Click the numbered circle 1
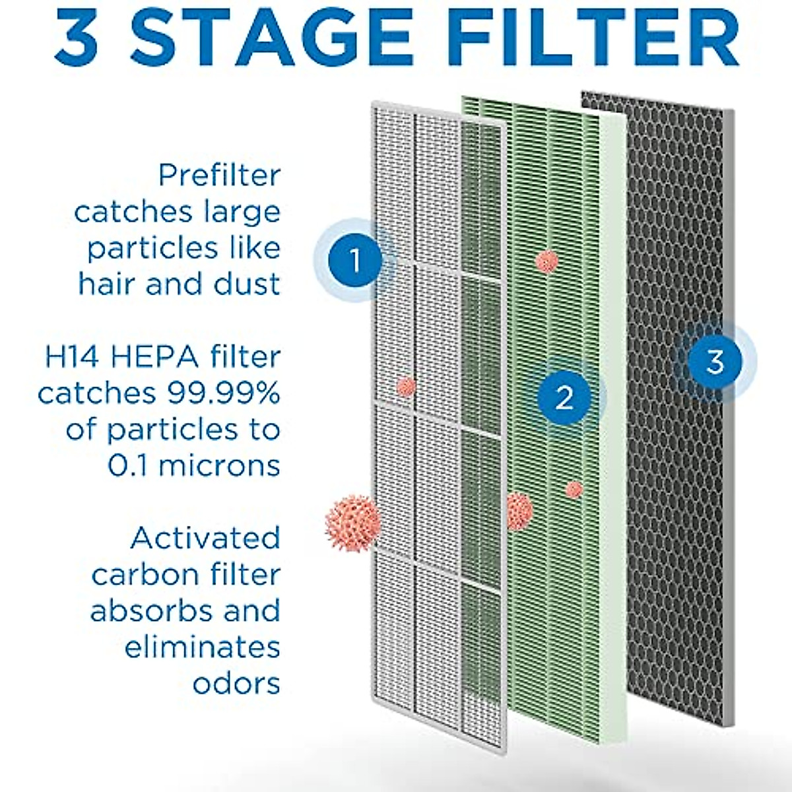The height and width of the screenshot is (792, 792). [355, 261]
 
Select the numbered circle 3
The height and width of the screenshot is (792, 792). [715, 362]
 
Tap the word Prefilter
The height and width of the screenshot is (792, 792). [219, 176]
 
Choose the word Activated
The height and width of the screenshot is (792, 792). [205, 539]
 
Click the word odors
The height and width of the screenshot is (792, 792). [236, 683]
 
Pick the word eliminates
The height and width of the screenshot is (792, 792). [202, 647]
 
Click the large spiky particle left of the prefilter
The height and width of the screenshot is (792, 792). [352, 523]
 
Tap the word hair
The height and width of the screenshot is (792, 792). [108, 285]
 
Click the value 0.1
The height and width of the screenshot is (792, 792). [127, 466]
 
